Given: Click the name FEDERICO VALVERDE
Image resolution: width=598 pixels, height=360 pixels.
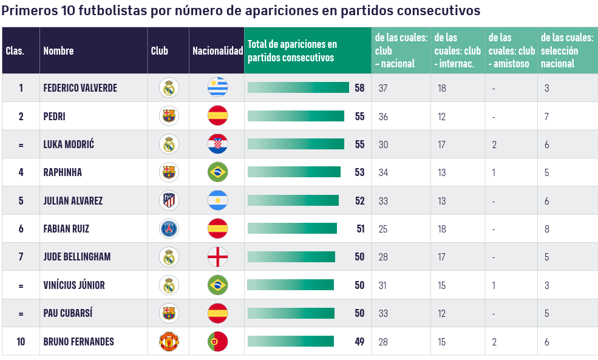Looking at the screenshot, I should tap(80, 88).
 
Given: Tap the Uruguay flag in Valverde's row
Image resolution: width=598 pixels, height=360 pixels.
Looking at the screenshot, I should tap(217, 88).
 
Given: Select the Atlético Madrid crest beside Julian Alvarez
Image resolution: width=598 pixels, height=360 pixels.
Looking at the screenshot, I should tap(169, 200).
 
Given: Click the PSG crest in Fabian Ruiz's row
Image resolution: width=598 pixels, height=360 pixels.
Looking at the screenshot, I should tap(169, 229).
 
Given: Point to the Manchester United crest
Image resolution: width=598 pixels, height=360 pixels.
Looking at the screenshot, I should tap(169, 342).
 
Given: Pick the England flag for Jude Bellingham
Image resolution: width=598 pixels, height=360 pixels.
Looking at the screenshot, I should tap(217, 257).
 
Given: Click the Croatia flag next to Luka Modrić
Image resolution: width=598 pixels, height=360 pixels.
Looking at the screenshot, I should tap(217, 144).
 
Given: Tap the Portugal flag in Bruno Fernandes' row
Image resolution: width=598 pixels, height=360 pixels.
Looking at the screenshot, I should tap(217, 342).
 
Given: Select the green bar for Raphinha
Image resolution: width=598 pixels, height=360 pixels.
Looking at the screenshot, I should tap(294, 172).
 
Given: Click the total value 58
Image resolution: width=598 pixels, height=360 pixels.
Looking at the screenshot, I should tap(359, 88).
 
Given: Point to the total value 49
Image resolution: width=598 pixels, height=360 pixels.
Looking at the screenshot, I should tap(359, 342).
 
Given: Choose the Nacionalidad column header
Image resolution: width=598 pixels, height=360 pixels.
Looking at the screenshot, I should tap(217, 51).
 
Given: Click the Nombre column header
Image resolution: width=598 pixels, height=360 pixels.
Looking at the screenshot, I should tap(58, 51).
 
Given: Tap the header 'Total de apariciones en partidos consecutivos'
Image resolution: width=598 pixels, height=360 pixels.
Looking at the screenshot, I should tap(292, 51).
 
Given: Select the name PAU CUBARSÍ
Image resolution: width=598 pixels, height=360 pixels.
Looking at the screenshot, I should tap(68, 313).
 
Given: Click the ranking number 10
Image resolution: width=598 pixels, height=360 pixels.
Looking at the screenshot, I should tap(21, 342).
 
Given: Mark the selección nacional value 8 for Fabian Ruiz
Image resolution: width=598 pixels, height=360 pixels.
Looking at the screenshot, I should tap(546, 229).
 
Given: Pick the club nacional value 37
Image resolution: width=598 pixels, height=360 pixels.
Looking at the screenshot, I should tap(382, 88).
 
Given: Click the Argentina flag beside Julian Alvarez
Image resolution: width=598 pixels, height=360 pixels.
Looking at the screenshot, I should tap(217, 200).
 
